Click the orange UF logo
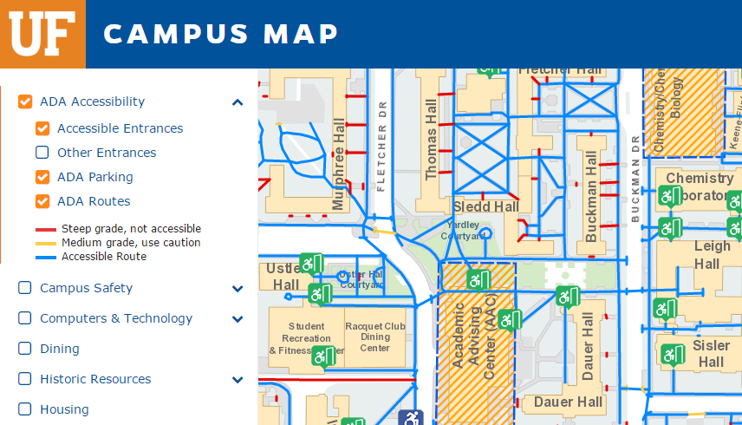(42, 34)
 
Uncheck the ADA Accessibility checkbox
(25, 101)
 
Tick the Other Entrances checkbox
(42, 153)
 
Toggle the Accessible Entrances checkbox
(42, 128)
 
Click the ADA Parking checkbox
(42, 177)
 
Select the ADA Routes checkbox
(42, 201)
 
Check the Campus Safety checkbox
(25, 288)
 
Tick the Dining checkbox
(25, 349)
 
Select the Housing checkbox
(25, 409)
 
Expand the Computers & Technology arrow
(238, 318)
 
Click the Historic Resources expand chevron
(238, 379)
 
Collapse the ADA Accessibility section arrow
(238, 102)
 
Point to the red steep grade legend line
(46, 230)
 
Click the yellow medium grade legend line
(46, 243)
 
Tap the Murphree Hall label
(339, 165)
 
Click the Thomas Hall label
(432, 139)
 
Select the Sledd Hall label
(486, 206)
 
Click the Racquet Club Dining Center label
(375, 337)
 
